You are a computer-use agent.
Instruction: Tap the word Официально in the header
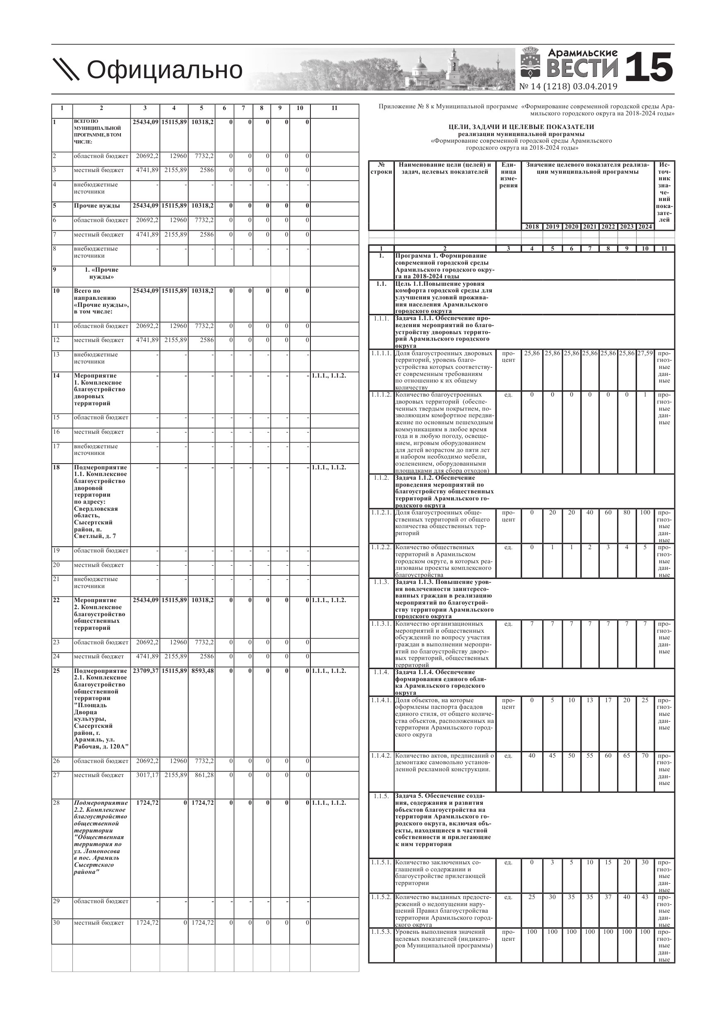[164, 70]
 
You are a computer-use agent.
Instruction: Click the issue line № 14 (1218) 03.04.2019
[568, 87]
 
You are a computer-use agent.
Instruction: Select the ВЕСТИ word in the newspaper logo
[582, 68]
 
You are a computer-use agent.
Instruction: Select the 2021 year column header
[589, 227]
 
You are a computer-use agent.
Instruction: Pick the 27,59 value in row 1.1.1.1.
[644, 353]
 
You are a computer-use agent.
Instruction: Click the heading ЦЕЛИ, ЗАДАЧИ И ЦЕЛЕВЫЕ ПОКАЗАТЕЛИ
[521, 127]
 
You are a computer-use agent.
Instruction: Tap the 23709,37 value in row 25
[145, 671]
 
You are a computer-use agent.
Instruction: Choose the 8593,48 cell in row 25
[202, 671]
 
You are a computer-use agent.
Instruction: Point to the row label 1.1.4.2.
[381, 756]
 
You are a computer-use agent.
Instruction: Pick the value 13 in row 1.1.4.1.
[589, 700]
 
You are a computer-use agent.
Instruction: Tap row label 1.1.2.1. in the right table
[381, 512]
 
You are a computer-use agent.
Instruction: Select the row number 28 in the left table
[56, 803]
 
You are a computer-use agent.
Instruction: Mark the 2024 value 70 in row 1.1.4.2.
[644, 756]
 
